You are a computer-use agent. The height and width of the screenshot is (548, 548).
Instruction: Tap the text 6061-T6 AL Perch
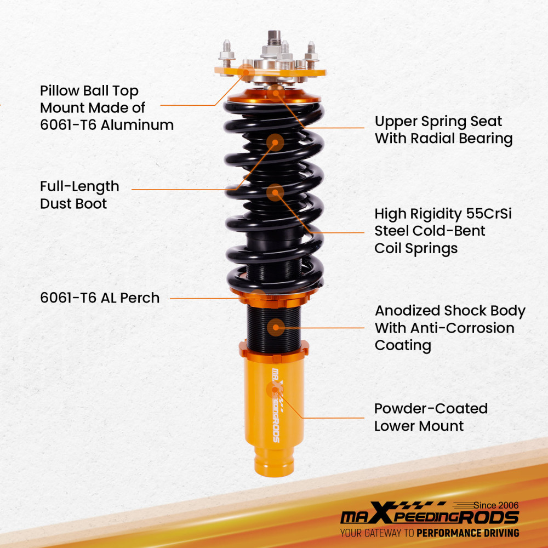click(x=100, y=298)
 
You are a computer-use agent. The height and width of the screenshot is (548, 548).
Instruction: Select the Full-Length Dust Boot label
click(x=79, y=195)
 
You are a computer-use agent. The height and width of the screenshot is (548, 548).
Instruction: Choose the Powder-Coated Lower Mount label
click(x=430, y=417)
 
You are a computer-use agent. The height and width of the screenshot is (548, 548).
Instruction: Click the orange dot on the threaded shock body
click(x=276, y=328)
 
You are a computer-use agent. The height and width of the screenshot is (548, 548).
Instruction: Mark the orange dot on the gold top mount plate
click(x=248, y=70)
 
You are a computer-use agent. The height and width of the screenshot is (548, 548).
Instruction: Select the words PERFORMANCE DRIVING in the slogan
click(x=467, y=533)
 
